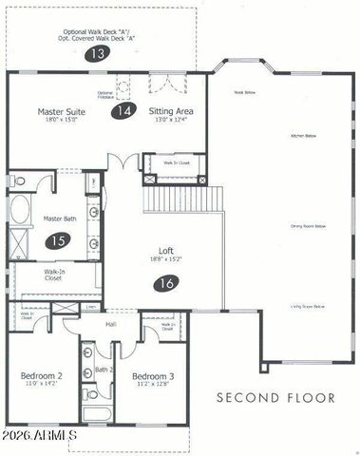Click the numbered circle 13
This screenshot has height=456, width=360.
coord(96,54)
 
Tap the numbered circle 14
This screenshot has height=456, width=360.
coord(123,111)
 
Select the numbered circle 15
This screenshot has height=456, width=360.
coord(59,242)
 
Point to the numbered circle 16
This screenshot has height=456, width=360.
coord(166,282)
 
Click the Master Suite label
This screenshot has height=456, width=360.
coord(62,112)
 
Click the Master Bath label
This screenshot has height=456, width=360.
coord(60,218)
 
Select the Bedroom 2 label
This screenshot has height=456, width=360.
coord(41,376)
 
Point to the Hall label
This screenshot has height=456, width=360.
coord(110,325)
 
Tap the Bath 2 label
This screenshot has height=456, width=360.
coord(104,369)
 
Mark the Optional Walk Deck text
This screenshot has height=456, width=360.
coord(96,29)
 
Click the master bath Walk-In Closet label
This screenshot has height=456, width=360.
coord(54,276)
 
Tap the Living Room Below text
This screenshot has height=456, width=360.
coord(308,306)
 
